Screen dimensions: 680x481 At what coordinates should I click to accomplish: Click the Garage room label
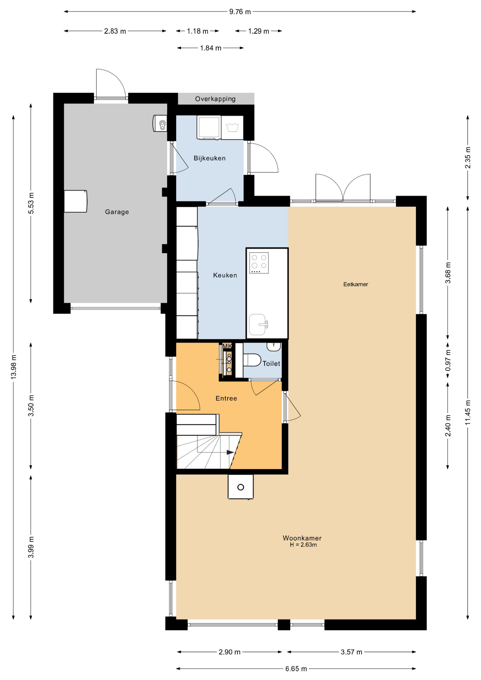[117, 212]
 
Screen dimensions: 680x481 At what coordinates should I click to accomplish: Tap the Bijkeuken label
[209, 158]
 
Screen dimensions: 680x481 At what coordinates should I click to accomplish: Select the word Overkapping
[215, 99]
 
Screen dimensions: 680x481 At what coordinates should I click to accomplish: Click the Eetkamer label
[356, 284]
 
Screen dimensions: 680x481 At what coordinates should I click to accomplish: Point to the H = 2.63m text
[303, 545]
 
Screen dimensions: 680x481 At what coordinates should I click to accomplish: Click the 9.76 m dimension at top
[240, 12]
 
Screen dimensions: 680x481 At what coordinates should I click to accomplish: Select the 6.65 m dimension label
[296, 669]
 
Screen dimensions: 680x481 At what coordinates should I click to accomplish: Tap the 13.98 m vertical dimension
[13, 367]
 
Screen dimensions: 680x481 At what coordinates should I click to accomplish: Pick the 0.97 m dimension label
[448, 360]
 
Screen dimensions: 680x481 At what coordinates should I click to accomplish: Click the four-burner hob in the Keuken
[259, 262]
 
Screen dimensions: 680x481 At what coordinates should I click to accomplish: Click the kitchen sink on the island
[258, 324]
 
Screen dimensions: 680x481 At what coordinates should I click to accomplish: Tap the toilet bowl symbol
[252, 360]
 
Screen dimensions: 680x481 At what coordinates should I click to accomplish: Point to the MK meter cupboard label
[227, 346]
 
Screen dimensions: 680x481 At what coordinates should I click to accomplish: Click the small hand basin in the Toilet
[274, 346]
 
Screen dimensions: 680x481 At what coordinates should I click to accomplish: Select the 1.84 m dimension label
[210, 48]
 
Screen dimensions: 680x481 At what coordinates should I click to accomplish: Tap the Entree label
[226, 398]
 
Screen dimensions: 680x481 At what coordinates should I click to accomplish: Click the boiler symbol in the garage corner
[160, 123]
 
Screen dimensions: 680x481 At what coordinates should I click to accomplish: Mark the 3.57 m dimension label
[351, 652]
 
